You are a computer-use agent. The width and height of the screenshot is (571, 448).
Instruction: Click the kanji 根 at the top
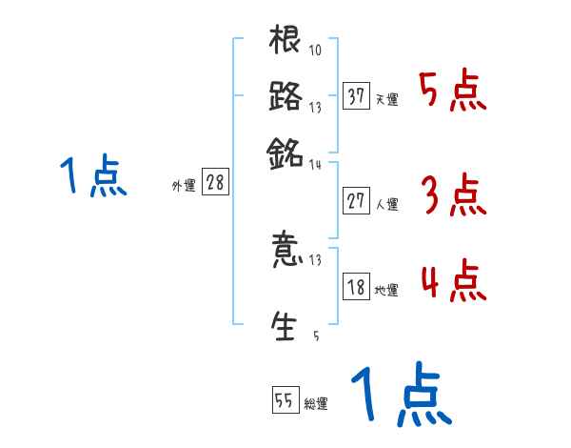tap(285, 42)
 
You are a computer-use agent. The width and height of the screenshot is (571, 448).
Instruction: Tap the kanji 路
tap(285, 97)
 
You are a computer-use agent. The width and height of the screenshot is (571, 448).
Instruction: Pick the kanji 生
tap(285, 325)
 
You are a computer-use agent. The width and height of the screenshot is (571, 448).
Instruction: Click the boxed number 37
tap(357, 97)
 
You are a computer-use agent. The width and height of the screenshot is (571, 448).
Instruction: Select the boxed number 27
tap(357, 202)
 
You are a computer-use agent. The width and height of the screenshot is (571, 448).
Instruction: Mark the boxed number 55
tap(285, 401)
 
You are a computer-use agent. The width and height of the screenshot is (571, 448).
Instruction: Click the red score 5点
tap(453, 92)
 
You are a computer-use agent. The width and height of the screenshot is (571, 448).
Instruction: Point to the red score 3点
tap(453, 197)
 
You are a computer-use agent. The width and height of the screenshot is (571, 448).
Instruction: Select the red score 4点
tap(453, 283)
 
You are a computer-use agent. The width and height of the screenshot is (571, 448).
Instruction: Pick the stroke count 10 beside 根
tap(315, 51)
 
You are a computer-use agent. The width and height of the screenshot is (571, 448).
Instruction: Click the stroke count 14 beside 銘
tap(315, 164)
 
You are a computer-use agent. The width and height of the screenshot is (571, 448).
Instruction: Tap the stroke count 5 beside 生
tap(315, 336)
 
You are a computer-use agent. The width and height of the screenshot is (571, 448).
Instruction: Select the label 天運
tap(387, 100)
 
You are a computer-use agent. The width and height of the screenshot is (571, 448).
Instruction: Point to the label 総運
tap(316, 404)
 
